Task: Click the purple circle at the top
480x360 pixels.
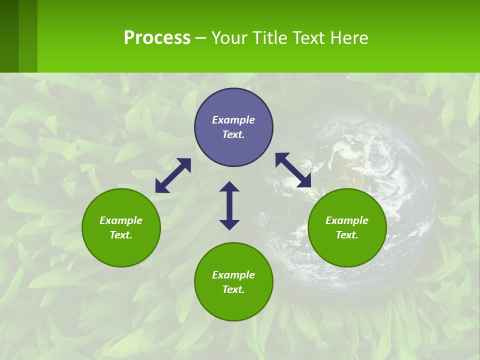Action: pos(233,127)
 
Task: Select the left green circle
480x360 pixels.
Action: pos(121,228)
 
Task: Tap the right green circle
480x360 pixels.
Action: pos(347,228)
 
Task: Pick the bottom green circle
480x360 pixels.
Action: pos(233,282)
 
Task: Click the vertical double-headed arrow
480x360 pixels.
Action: pos(229,205)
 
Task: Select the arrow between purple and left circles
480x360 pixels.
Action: pos(173,175)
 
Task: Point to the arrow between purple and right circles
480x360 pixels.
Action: pos(293,170)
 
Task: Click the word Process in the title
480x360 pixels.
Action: pos(157,37)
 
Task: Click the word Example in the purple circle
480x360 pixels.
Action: pos(233,120)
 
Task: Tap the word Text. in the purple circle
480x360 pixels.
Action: pos(233,134)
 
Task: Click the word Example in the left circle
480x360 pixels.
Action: pos(121,220)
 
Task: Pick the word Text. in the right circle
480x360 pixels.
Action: pos(347,235)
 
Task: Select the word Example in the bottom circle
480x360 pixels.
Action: pos(233,275)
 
